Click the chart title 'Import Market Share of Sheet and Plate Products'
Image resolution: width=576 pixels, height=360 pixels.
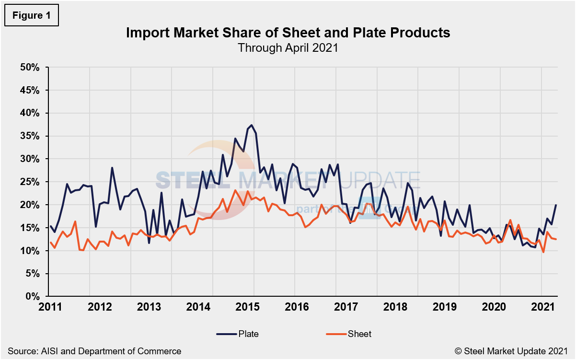(x=288, y=33)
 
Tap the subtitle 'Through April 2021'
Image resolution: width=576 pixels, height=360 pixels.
(x=288, y=47)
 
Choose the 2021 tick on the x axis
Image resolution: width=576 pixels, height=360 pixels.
(x=541, y=307)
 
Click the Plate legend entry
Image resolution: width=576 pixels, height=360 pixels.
(x=238, y=334)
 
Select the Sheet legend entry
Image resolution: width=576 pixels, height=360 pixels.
(x=348, y=334)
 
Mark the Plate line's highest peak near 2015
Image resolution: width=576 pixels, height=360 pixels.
(x=252, y=125)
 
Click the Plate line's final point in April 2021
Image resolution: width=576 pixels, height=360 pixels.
(x=556, y=205)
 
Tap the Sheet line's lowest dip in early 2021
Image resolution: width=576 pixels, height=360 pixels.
(x=543, y=252)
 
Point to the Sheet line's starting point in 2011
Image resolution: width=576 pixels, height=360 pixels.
(x=50, y=242)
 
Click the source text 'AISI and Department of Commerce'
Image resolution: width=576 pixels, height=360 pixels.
(x=94, y=351)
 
